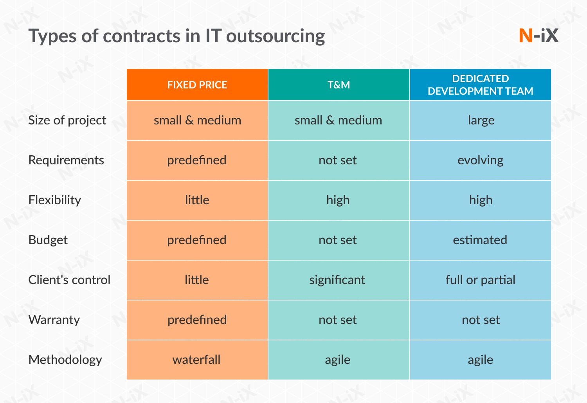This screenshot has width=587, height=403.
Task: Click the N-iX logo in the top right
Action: tap(538, 36)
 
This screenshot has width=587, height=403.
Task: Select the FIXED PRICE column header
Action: tap(197, 85)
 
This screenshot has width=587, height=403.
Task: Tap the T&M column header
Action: tap(339, 85)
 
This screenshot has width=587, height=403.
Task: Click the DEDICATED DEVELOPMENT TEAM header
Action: tap(480, 85)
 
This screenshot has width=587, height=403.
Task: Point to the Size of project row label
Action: tap(67, 121)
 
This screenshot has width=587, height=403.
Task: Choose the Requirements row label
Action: tap(66, 160)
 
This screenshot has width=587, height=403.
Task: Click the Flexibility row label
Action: tap(55, 200)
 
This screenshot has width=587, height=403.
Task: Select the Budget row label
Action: tap(48, 240)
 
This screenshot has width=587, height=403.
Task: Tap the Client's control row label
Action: tap(69, 280)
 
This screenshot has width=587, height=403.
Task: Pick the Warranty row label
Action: tap(54, 320)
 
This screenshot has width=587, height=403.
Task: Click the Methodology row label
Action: tap(65, 360)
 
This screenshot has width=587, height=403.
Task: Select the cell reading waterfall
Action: tap(196, 360)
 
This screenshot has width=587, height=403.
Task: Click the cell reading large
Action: tap(481, 121)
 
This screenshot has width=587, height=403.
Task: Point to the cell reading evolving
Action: tap(480, 160)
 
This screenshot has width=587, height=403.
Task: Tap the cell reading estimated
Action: tap(480, 240)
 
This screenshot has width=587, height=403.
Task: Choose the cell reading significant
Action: tap(337, 280)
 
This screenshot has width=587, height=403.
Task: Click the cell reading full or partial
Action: tap(480, 280)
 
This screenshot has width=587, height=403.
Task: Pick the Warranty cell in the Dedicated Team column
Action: tap(481, 320)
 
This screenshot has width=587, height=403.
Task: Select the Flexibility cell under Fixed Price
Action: tap(197, 200)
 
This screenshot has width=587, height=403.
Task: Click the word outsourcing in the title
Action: tap(275, 36)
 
